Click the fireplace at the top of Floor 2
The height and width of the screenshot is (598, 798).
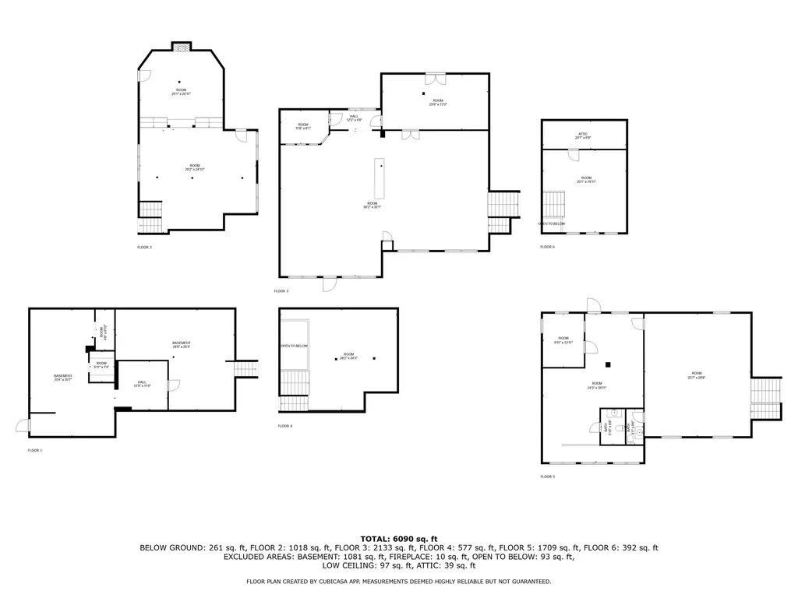[x=182, y=47]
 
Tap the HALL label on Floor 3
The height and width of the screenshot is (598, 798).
[x=355, y=117]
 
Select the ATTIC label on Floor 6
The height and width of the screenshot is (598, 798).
[x=583, y=135]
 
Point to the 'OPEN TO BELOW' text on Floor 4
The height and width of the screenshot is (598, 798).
[x=294, y=346]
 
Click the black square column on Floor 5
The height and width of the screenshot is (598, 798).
[x=609, y=364]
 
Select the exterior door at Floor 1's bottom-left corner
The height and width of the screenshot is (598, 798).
[x=23, y=425]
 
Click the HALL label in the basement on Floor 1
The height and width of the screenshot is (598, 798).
[x=141, y=382]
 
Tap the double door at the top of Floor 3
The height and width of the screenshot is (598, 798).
[x=435, y=79]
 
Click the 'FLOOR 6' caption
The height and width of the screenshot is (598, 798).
[x=547, y=247]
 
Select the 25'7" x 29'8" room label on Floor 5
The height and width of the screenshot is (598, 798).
[x=696, y=375]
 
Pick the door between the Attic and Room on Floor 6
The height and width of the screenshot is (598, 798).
[x=573, y=154]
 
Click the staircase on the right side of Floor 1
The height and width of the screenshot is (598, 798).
[x=245, y=368]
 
